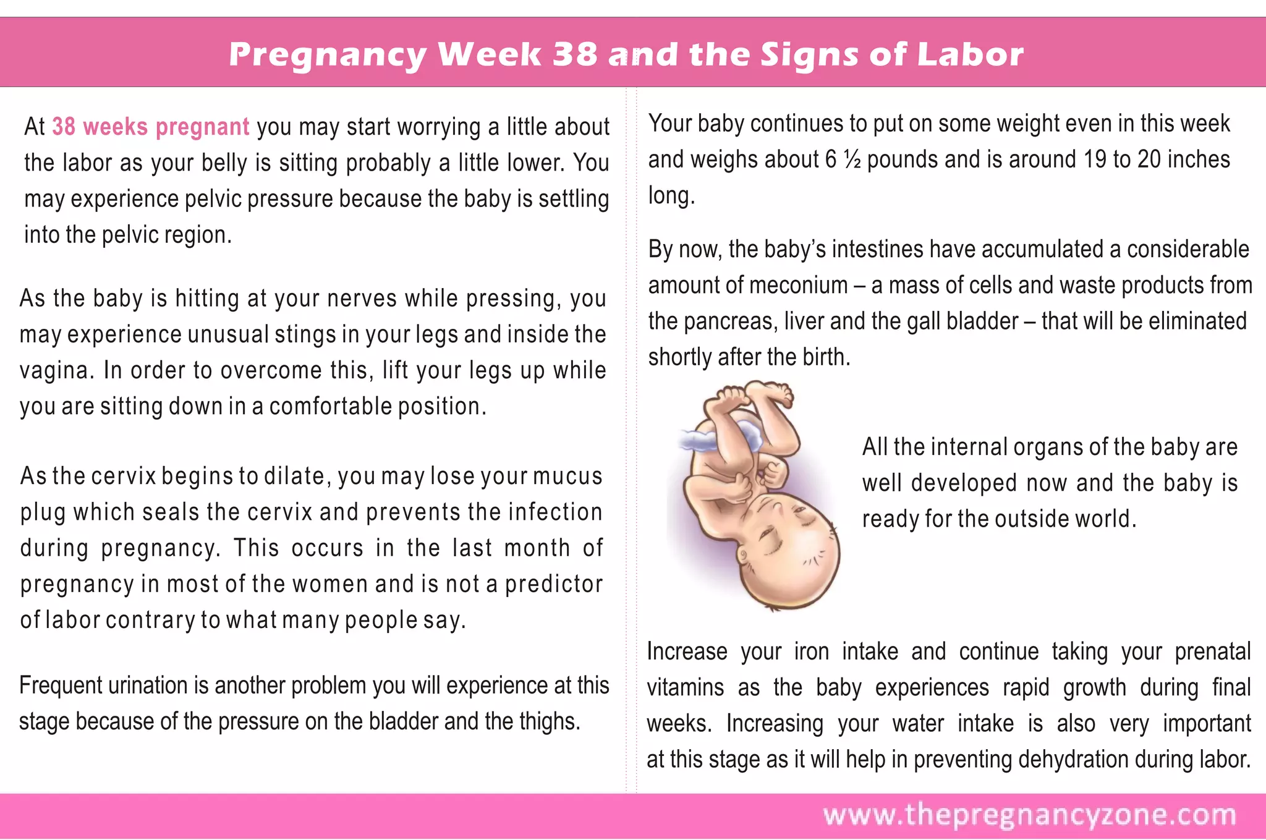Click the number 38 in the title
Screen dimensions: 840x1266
pyautogui.click(x=575, y=54)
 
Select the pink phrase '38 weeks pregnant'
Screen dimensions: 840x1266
pyautogui.click(x=150, y=127)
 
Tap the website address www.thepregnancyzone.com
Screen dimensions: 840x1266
pyautogui.click(x=1029, y=815)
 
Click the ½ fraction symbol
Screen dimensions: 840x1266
pyautogui.click(x=852, y=159)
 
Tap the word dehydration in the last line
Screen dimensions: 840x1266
pyautogui.click(x=1073, y=760)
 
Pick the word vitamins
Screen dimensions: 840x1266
pyautogui.click(x=685, y=687)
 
